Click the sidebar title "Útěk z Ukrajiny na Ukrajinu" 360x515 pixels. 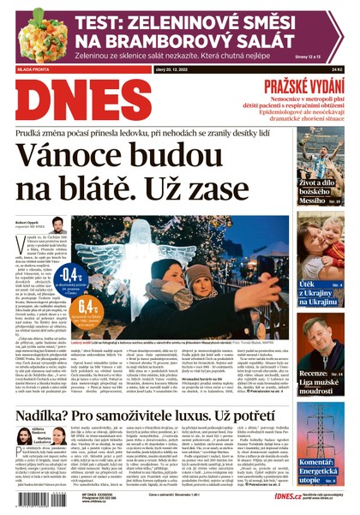coord(320,292)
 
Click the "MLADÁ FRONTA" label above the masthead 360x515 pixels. coord(34,68)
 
